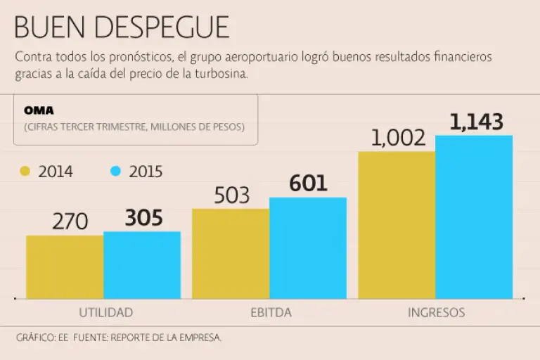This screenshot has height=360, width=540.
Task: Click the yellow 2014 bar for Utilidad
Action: (x=65, y=267)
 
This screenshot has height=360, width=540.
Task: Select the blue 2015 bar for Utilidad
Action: (x=142, y=265)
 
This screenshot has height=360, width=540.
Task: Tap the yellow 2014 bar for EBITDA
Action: (x=231, y=253)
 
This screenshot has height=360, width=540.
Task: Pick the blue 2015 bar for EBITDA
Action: (x=308, y=247)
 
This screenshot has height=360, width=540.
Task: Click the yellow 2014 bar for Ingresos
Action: (x=397, y=225)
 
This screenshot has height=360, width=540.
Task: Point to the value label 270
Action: (x=70, y=222)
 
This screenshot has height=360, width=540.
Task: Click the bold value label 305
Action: (x=143, y=219)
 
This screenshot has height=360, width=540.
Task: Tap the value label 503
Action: (x=231, y=195)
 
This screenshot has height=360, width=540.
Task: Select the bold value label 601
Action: (x=308, y=184)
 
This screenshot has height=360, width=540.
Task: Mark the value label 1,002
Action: (x=397, y=139)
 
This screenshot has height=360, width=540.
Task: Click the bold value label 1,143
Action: (x=476, y=122)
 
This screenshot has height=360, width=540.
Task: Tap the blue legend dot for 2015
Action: (x=116, y=172)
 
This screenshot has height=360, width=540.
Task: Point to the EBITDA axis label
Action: (x=271, y=313)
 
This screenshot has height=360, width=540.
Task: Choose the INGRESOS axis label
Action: (x=436, y=313)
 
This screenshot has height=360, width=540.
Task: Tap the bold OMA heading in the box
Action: (x=39, y=111)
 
